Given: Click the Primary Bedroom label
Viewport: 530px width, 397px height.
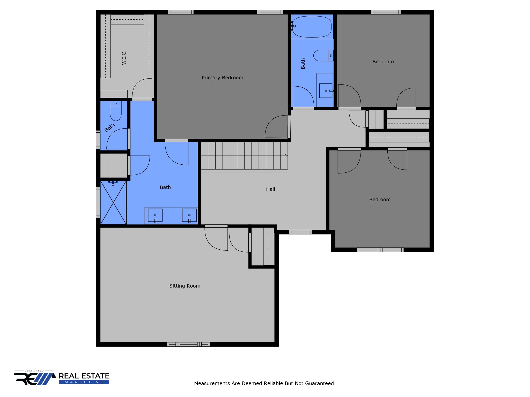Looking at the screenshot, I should pos(222,78).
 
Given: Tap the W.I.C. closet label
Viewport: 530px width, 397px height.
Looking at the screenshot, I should pos(124,57).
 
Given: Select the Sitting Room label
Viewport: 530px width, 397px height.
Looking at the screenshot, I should pos(185,286).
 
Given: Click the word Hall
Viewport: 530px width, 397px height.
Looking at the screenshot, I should pos(270,189).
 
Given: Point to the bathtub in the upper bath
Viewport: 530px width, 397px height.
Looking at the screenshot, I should pos(312,27).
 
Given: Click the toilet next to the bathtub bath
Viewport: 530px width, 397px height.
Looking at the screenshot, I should pos(323,56).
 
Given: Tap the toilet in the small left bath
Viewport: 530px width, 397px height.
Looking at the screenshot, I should pos(116,111).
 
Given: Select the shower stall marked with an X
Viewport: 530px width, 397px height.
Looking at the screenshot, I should pos(113,203).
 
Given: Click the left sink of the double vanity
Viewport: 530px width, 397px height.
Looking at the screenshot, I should pos(155,215).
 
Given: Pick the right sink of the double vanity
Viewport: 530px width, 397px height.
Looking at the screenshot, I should pos(189,215).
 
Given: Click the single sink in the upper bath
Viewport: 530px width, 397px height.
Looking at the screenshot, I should pos(326,91).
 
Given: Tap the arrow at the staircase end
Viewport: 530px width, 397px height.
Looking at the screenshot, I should pos(286,156).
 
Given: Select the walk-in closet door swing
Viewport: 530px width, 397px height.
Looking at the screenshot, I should pos(142,88).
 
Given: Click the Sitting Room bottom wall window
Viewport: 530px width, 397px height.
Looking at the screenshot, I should pos(188,344).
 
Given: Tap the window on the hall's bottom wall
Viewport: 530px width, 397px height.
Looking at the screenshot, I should pos(300,232).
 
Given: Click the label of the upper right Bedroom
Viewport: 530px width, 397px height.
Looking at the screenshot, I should pos(383,62).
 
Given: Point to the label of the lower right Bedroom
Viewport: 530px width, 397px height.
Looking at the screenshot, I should pos(380,200).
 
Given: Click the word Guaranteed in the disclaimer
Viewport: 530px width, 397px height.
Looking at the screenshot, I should pos(320,383).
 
